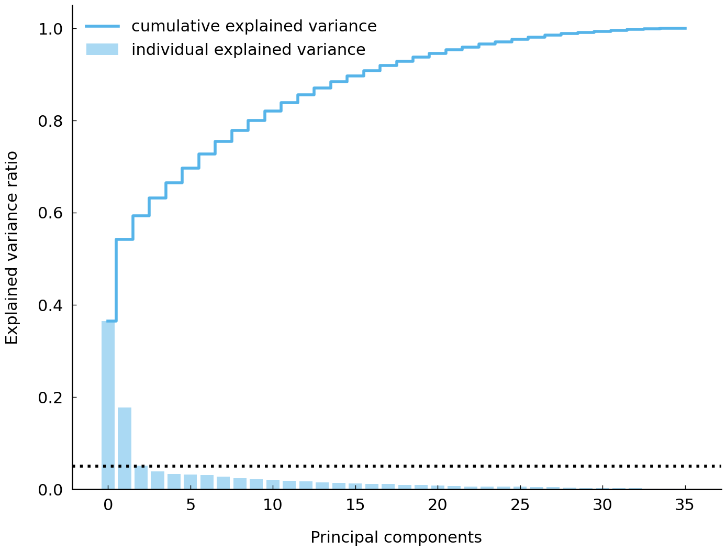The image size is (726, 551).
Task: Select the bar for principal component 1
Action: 125,448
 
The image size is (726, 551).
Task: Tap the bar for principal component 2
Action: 141,478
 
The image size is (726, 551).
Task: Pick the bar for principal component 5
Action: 191,482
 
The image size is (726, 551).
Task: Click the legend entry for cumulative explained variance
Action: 254,26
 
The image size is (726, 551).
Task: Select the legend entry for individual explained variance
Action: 248,50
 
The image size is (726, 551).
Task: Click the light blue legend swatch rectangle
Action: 103,50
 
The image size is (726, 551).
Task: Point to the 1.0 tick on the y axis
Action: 51,29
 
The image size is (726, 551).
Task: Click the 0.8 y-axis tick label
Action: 51,121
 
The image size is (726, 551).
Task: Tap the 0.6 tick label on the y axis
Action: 51,213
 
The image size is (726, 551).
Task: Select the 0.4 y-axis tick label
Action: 51,305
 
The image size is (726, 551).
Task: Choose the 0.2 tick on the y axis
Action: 51,398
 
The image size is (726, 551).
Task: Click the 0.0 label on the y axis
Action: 51,490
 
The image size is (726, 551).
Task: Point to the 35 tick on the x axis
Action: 685,505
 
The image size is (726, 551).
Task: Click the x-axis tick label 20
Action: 438,505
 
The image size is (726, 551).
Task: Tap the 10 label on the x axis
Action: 273,505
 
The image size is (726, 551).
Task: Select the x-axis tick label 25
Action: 520,505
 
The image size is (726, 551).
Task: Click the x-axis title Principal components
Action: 396,537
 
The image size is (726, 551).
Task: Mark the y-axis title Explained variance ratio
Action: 12,248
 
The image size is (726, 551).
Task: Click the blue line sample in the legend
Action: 103,26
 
